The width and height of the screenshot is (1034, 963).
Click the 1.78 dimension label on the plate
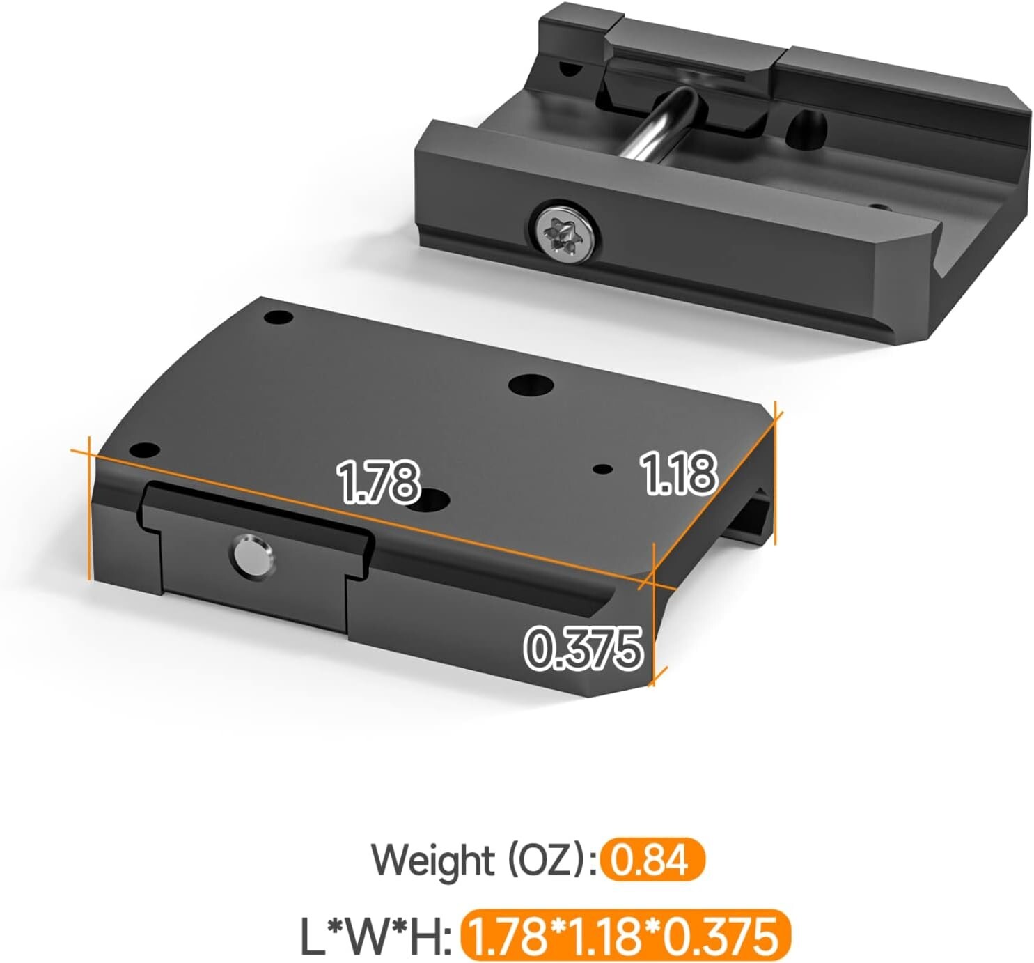click(378, 481)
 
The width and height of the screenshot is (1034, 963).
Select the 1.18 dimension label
click(677, 474)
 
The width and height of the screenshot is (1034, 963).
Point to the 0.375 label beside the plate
click(583, 648)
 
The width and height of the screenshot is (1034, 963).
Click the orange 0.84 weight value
click(653, 860)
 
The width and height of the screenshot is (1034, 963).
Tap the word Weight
click(431, 860)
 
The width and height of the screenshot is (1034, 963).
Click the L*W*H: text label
click(375, 936)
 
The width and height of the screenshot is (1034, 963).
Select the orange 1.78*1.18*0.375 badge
click(625, 936)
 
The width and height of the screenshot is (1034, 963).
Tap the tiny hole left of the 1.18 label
click(602, 469)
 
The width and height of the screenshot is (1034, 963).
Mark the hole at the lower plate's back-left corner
click(279, 318)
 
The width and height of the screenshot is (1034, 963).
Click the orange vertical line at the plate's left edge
click(90, 509)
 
